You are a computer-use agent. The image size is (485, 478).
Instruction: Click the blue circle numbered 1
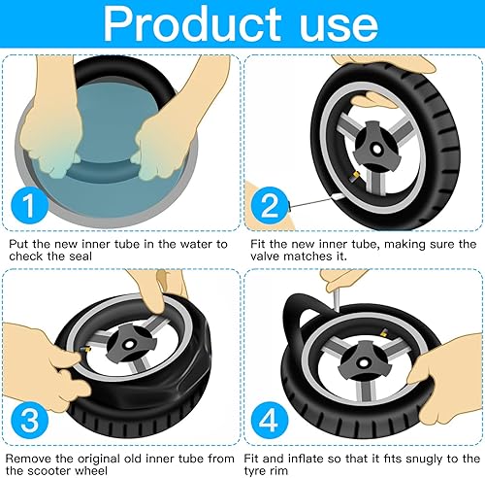point(30,205)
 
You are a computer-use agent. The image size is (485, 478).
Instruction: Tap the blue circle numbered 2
point(270,206)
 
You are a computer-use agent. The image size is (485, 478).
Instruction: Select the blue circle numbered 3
point(30,420)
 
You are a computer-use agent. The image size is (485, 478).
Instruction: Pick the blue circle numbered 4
point(270,420)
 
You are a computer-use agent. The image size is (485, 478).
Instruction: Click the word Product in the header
point(192,23)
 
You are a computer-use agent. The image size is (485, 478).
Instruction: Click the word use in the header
point(339,27)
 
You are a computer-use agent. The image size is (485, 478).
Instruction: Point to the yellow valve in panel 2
point(354,177)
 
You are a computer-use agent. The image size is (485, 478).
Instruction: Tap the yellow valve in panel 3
point(85,351)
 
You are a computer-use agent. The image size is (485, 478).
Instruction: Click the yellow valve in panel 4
point(384,332)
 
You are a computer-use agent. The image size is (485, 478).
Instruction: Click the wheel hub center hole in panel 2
point(376,150)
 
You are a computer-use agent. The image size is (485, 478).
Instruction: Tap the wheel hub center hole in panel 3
point(129,345)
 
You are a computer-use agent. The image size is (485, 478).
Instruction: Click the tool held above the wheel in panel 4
point(337,300)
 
